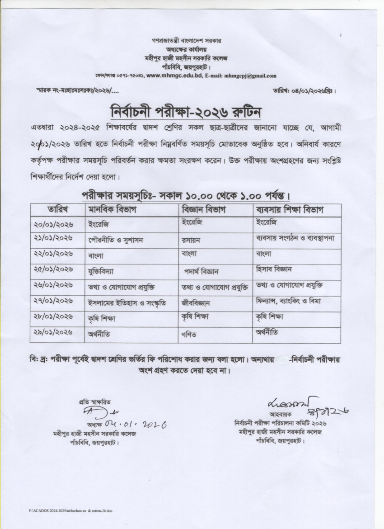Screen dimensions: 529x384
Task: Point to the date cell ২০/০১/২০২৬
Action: click(x=53, y=224)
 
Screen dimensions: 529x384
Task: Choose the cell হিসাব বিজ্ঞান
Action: click(x=274, y=269)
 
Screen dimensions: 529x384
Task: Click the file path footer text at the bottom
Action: click(x=70, y=510)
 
